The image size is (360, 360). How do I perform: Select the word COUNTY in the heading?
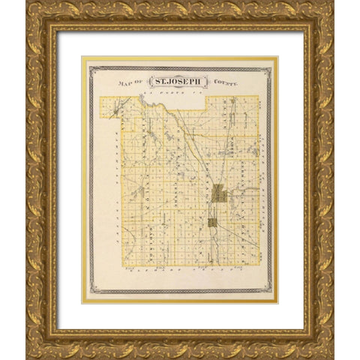(x=224, y=82)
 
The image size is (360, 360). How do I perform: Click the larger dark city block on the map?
(x=218, y=193)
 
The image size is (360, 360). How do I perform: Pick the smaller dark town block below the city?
(x=212, y=222)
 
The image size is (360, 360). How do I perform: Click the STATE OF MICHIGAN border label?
(x=265, y=180)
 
